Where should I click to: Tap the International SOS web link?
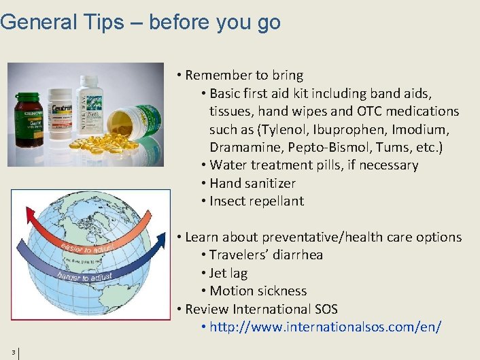tap(326, 327)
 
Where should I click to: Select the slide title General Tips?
tap(140, 22)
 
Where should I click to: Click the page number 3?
tap(13, 352)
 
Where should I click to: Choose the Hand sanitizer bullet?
tap(252, 183)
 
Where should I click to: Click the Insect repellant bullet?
tap(256, 201)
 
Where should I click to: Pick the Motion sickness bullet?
tap(258, 291)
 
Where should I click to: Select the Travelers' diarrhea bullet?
tap(266, 255)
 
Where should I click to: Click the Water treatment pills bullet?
tap(313, 165)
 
